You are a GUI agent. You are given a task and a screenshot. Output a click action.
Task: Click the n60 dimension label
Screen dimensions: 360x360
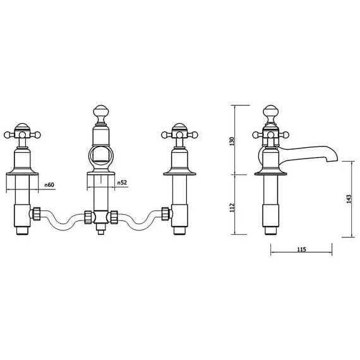coord(51,184)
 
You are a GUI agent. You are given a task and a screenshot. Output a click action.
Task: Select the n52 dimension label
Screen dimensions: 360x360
coord(122,183)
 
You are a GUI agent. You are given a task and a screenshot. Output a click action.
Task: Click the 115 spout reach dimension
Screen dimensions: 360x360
coord(301,250)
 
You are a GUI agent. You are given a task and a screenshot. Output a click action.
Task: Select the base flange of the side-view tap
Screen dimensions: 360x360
coord(271,170)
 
